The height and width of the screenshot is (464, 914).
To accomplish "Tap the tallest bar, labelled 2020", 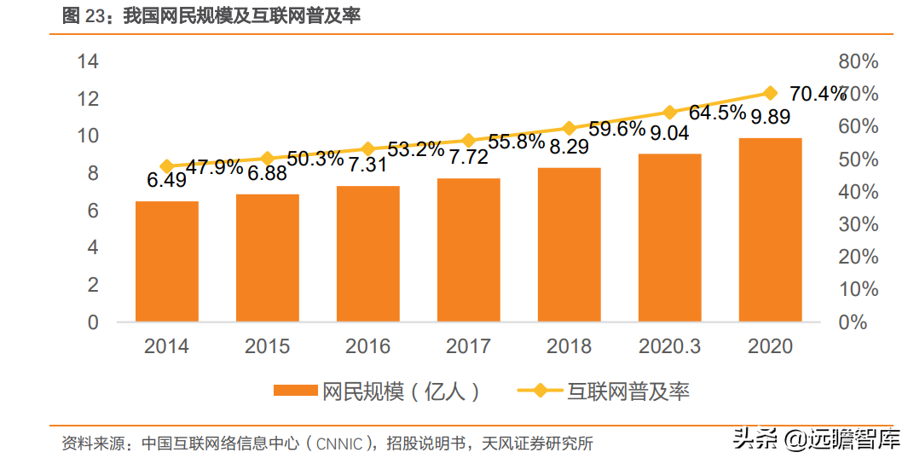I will point(770,229).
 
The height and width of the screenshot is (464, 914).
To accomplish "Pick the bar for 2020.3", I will point(669,238).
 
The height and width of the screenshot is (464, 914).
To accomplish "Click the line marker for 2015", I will point(267,159).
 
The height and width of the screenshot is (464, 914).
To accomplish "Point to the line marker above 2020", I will point(770,93).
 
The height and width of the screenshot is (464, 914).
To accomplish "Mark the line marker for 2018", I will point(569,128).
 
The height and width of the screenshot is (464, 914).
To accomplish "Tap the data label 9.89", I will point(768,117).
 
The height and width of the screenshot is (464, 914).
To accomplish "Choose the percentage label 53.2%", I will point(415,150).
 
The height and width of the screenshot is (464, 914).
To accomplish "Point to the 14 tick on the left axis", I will point(88,61).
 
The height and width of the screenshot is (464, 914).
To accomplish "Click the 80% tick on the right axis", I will point(858,61).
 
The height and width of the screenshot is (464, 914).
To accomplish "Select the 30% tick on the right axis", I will point(858,224).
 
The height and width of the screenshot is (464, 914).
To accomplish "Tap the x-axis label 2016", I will point(367,346).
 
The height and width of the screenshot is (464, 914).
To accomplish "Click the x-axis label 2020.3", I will point(669,346).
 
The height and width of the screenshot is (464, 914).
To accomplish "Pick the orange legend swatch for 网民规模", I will point(295,391).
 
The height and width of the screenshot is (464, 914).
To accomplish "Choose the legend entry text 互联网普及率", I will point(628,391).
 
